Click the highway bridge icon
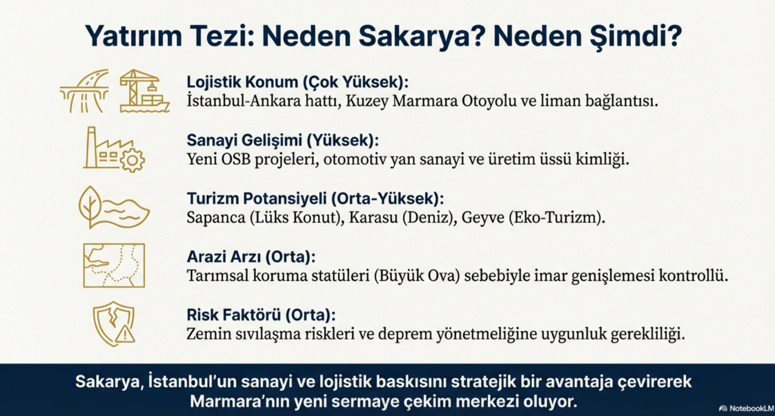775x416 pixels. point(84,91)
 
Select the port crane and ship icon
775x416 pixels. point(144,91)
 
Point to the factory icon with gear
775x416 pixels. point(114,149)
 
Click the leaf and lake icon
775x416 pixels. point(114,207)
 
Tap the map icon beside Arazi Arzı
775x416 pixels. point(114,265)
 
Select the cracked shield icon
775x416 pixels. point(113,324)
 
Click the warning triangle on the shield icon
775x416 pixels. point(125,334)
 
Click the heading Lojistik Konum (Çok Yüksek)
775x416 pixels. point(297,82)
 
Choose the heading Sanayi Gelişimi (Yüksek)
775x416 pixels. point(283,140)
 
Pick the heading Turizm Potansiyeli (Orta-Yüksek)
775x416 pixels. point(315,199)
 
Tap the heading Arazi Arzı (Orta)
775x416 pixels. point(251,257)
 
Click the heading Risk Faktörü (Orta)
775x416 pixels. point(261,315)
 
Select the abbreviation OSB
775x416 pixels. point(235,160)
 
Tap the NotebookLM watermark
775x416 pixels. point(746,408)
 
